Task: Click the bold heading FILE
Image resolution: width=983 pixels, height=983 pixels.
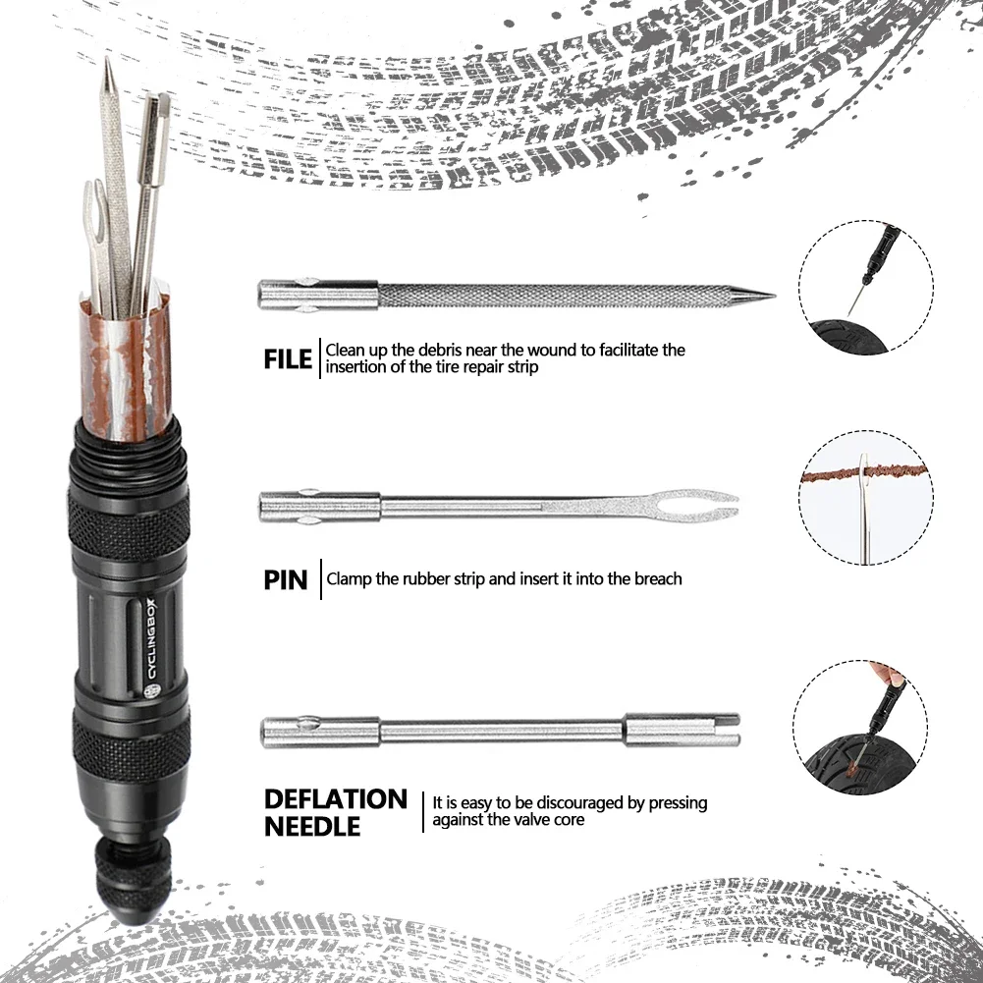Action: [288, 358]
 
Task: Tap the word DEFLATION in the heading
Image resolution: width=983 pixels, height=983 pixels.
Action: [335, 799]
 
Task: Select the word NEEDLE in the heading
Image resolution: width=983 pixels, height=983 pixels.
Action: [312, 828]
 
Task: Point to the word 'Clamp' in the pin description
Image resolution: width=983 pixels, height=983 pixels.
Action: [348, 579]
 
